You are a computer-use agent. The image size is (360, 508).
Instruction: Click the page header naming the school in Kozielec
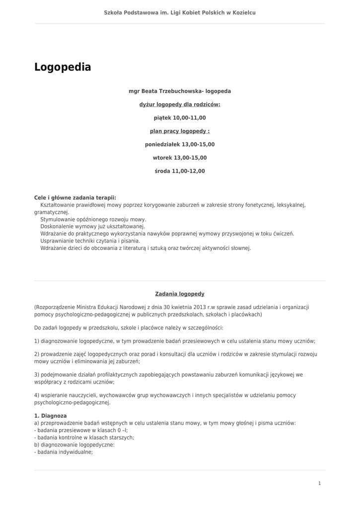pyautogui.click(x=180, y=12)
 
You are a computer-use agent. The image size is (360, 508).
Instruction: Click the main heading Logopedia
pyautogui.click(x=63, y=67)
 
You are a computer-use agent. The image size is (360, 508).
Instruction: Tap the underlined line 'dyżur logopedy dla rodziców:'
pyautogui.click(x=180, y=105)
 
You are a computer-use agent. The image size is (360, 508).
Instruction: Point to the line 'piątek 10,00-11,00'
pyautogui.click(x=180, y=118)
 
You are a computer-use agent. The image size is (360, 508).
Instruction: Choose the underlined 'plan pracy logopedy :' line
pyautogui.click(x=180, y=131)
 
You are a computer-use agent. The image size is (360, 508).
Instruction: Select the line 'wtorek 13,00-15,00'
pyautogui.click(x=180, y=158)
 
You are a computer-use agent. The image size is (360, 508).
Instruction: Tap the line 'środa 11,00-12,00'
pyautogui.click(x=180, y=172)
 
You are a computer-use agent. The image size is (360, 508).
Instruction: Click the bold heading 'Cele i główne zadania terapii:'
pyautogui.click(x=75, y=197)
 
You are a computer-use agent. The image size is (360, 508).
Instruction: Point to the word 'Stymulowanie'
pyautogui.click(x=57, y=219)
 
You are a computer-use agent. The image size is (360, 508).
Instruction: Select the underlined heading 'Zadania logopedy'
pyautogui.click(x=180, y=294)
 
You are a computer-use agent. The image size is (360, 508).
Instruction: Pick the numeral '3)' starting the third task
pyautogui.click(x=37, y=375)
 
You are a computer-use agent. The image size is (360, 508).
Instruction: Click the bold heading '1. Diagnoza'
pyautogui.click(x=50, y=416)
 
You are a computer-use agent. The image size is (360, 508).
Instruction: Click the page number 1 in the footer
pyautogui.click(x=319, y=484)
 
